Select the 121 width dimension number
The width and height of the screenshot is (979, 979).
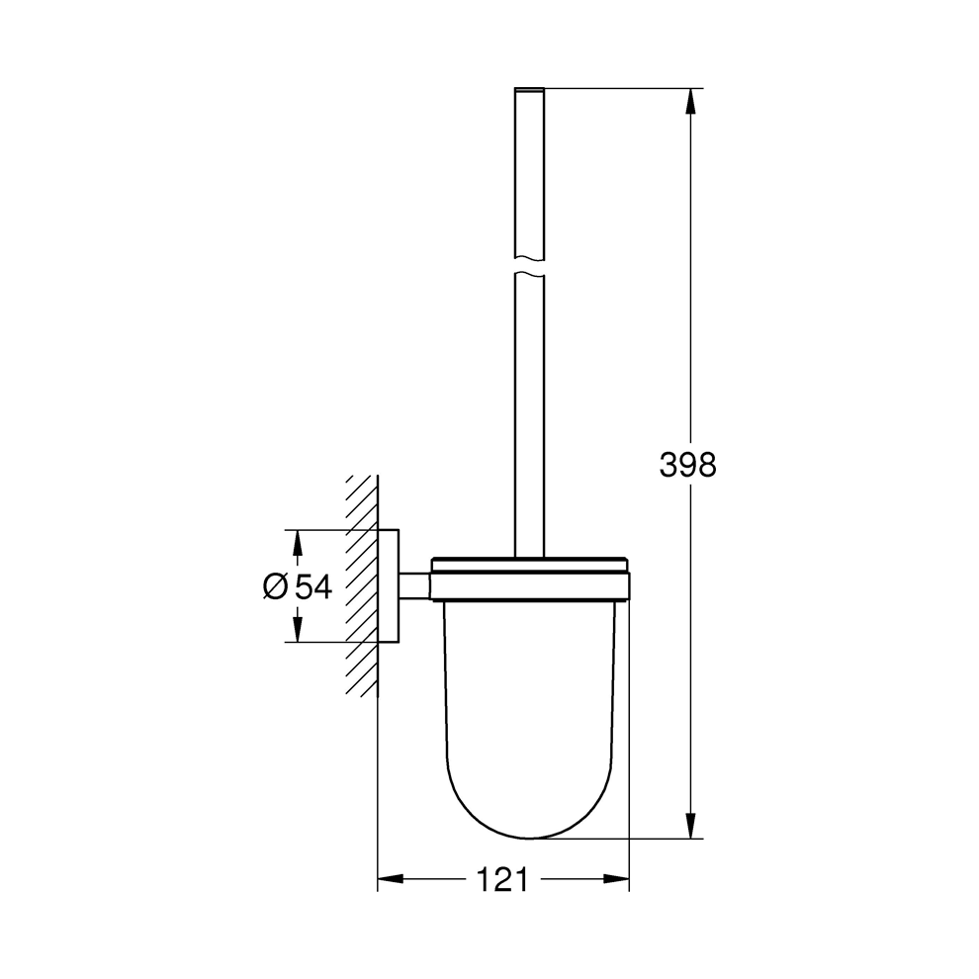[502, 880]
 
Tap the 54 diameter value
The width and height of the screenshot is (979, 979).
[313, 586]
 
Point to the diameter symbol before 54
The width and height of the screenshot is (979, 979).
[275, 586]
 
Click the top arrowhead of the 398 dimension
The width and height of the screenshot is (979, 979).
[690, 101]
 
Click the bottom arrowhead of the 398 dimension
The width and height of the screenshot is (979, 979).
[690, 826]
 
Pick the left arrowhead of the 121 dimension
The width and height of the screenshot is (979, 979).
[391, 879]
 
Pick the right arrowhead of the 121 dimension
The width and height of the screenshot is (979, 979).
[616, 879]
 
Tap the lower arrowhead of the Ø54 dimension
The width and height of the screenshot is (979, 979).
[298, 629]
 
